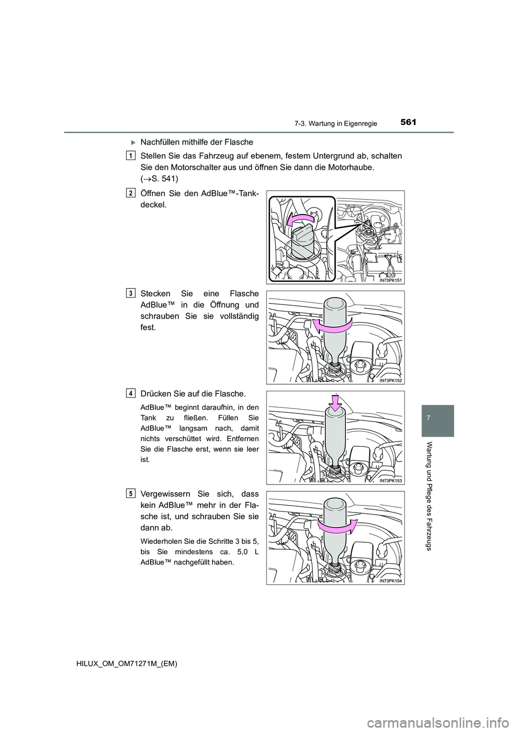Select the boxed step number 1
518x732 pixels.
(x=132, y=155)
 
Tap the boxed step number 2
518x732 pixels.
(x=132, y=193)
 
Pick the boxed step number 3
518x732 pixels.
(x=132, y=293)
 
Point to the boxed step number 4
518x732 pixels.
(x=132, y=393)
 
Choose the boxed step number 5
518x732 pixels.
(x=132, y=493)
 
